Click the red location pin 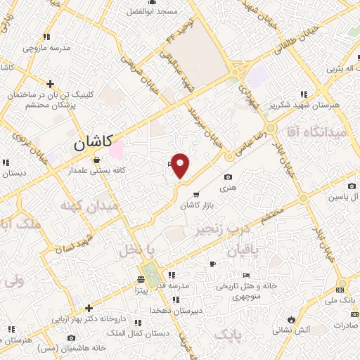pyautogui.click(x=181, y=165)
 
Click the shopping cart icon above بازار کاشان pyautogui.click(x=196, y=194)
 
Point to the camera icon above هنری pyautogui.click(x=227, y=178)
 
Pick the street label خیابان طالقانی pyautogui.click(x=288, y=36)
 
